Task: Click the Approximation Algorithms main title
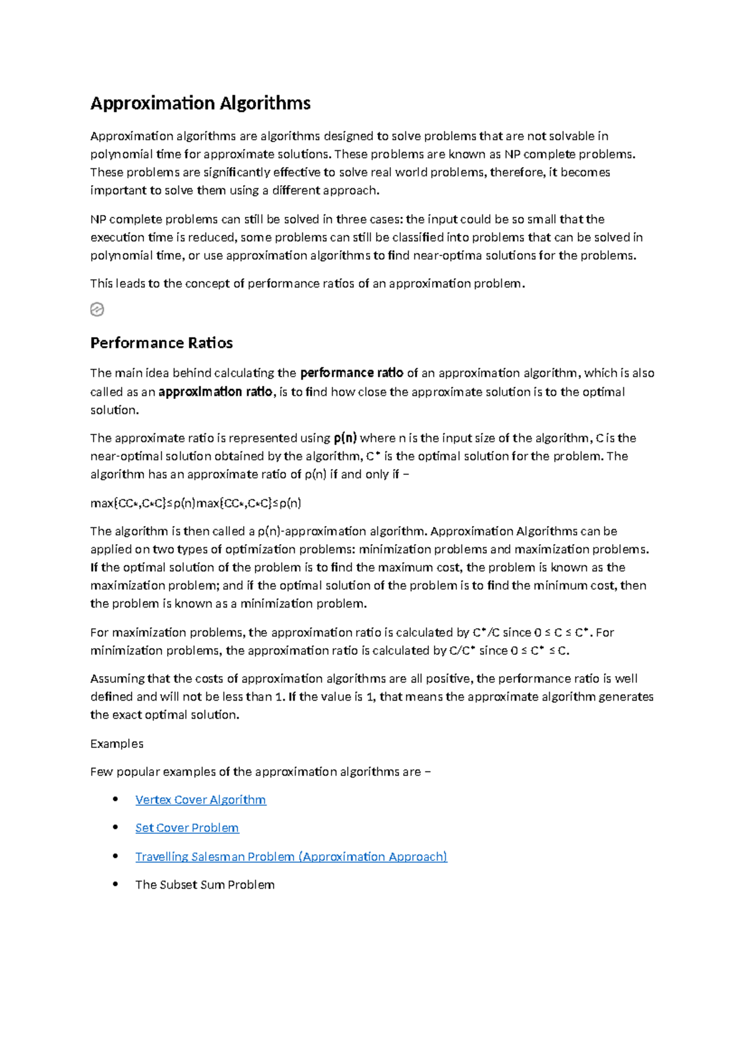200,103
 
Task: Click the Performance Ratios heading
161,343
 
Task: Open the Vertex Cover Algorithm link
200,800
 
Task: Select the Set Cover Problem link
187,828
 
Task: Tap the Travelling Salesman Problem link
291,856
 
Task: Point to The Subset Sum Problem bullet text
204,884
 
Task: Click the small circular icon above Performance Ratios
97,309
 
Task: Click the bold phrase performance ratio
352,373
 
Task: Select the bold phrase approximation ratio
215,391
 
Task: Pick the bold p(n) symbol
345,438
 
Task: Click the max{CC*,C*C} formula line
196,503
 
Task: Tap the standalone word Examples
117,744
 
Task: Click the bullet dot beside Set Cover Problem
115,827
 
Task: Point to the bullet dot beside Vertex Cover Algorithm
115,799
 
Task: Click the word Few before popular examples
101,772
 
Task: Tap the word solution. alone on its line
114,409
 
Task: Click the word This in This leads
101,284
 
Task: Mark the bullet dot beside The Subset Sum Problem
115,884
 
